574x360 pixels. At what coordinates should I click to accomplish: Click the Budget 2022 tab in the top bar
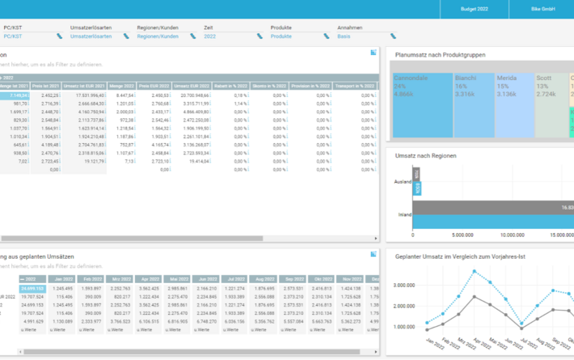click(473, 8)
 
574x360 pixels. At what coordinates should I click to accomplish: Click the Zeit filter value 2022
click(210, 36)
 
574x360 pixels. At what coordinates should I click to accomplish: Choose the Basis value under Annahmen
click(346, 36)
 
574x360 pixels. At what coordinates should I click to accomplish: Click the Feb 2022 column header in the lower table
click(92, 277)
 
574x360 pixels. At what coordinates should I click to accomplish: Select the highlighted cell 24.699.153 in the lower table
click(32, 287)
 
